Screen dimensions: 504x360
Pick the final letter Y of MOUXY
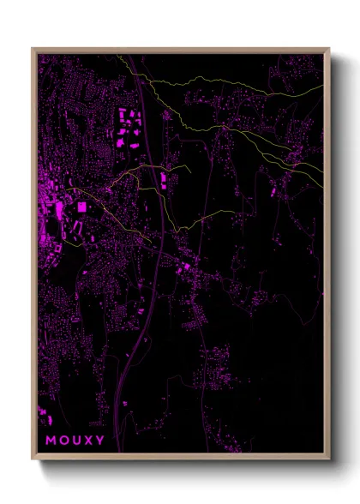(x=102, y=441)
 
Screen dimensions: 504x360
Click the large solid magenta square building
(x=82, y=207)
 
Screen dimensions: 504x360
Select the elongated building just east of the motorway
(x=162, y=181)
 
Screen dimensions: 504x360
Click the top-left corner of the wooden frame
(x=33, y=49)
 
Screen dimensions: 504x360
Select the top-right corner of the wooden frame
(x=328, y=49)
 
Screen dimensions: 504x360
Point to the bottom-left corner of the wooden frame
(x=33, y=459)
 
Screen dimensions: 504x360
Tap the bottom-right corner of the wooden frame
(x=328, y=459)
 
